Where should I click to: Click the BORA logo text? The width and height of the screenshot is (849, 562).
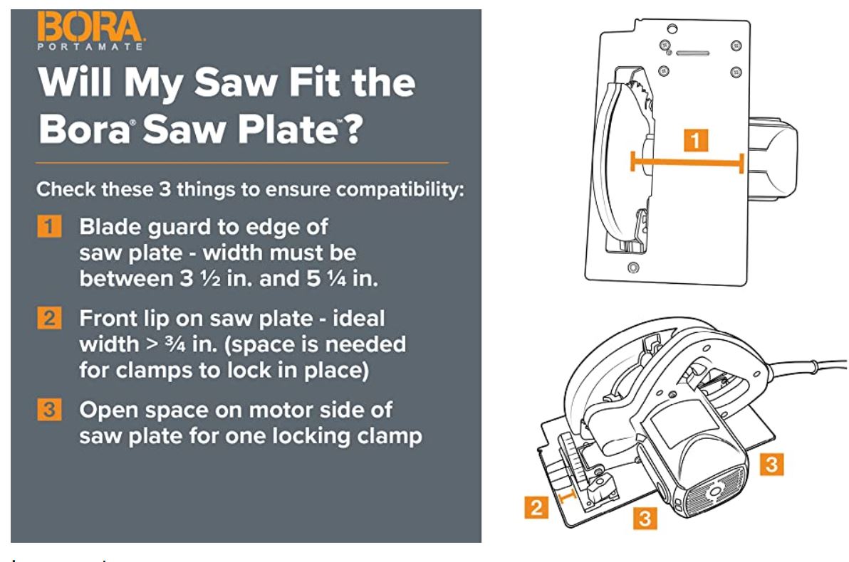[x=83, y=29]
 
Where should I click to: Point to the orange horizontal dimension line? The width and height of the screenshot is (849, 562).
[x=687, y=163]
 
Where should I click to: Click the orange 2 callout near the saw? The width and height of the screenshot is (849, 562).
[x=537, y=509]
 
